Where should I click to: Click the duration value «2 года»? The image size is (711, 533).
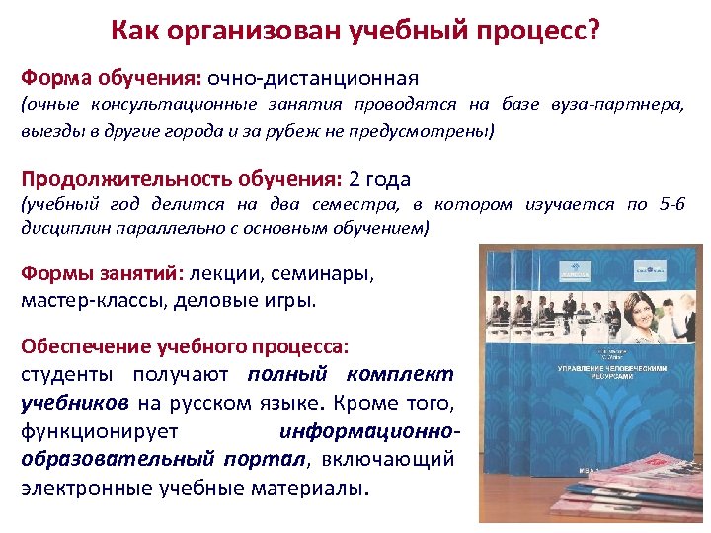point(380,179)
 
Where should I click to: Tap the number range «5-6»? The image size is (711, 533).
point(671,205)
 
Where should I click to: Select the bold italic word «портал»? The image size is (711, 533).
point(264,458)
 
